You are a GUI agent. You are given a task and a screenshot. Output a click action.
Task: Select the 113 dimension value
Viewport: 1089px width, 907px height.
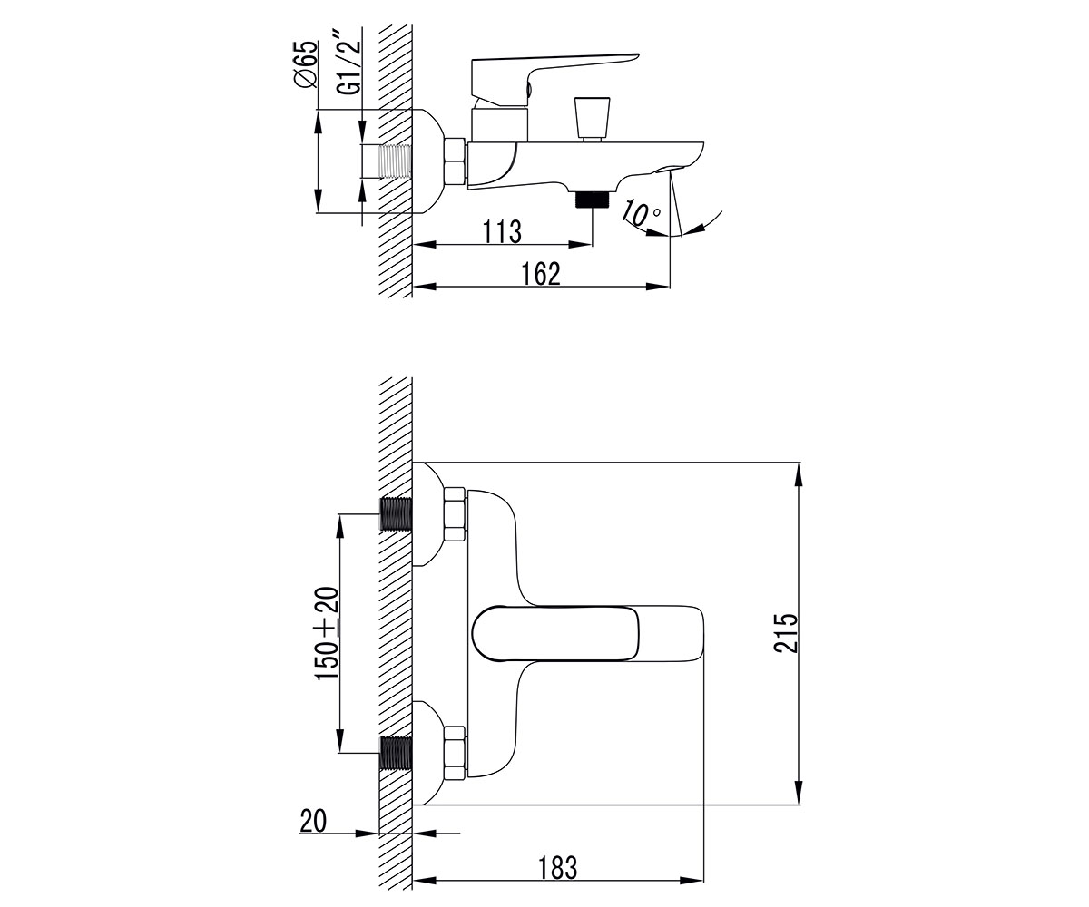coord(502,232)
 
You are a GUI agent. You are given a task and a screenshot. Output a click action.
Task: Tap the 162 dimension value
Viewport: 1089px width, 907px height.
coord(541,275)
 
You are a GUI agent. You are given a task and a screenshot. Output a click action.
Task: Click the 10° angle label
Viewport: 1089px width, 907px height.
coord(641,213)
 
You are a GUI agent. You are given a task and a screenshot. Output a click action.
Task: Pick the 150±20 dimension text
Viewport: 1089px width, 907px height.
coord(327,633)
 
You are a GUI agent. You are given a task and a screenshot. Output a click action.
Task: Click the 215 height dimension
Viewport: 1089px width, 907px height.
coord(786,633)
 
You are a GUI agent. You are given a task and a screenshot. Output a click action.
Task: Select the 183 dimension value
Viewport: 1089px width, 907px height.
coord(557,868)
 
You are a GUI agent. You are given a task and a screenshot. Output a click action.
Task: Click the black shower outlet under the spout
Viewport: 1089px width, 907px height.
coord(593,200)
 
